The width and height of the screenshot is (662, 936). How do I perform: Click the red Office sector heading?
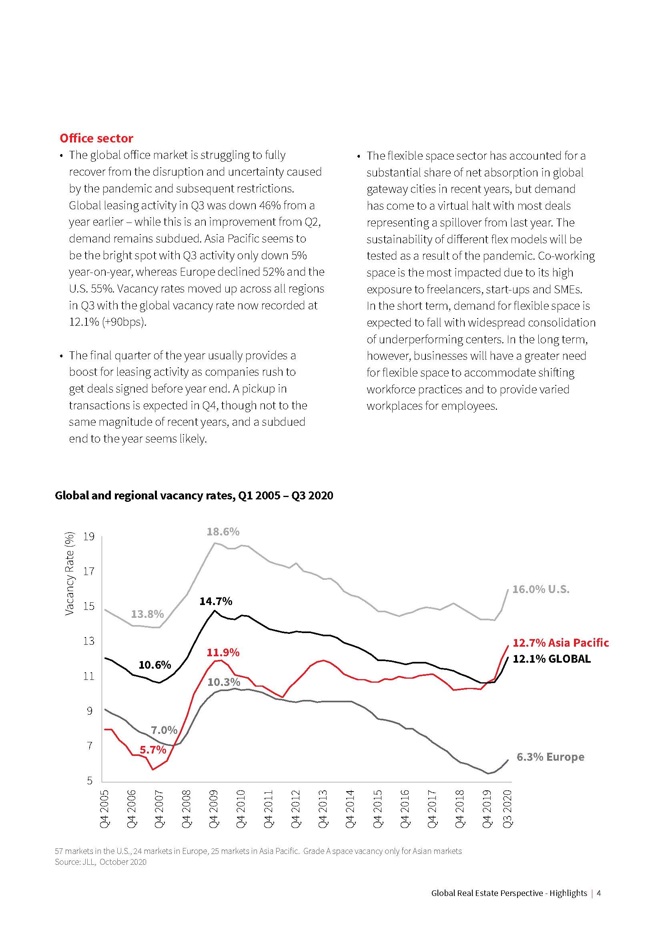click(x=96, y=138)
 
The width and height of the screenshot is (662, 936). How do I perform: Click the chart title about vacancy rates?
click(x=194, y=495)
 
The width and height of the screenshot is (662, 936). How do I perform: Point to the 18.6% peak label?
click(x=223, y=531)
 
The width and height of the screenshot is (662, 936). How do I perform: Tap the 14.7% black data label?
click(x=216, y=601)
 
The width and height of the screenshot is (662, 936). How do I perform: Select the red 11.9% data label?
click(x=223, y=653)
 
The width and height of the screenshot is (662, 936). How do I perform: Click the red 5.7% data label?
click(x=153, y=750)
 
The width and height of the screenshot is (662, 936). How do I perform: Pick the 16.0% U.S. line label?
click(x=540, y=589)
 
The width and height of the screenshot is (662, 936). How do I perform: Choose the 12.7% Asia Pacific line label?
click(x=560, y=643)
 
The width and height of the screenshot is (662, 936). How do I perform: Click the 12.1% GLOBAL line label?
click(x=551, y=659)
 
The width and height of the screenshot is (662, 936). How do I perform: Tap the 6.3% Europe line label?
click(x=550, y=757)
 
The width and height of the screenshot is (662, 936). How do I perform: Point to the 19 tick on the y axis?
click(x=89, y=537)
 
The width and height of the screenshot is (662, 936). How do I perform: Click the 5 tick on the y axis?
click(x=90, y=780)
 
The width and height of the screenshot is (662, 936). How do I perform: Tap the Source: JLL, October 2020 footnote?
click(x=101, y=862)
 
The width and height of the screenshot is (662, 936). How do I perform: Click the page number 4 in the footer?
click(x=599, y=893)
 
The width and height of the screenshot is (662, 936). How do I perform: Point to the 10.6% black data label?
click(x=154, y=665)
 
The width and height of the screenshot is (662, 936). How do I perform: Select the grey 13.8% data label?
click(x=147, y=614)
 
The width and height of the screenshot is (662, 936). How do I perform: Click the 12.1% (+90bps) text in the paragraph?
click(x=108, y=322)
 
